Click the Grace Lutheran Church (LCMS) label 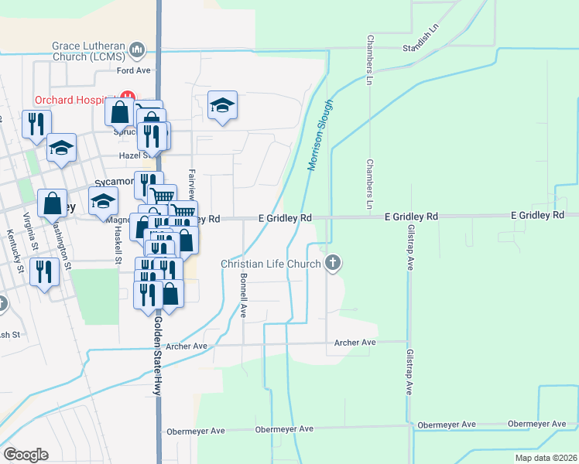(88, 51)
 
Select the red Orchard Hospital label (74, 100)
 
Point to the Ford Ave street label (132, 70)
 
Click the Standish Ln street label (421, 48)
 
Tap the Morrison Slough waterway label (321, 134)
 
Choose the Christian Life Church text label (271, 264)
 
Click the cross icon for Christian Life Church (334, 264)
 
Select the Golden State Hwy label (156, 356)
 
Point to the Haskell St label (118, 244)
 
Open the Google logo (26, 455)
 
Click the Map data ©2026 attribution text (544, 458)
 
